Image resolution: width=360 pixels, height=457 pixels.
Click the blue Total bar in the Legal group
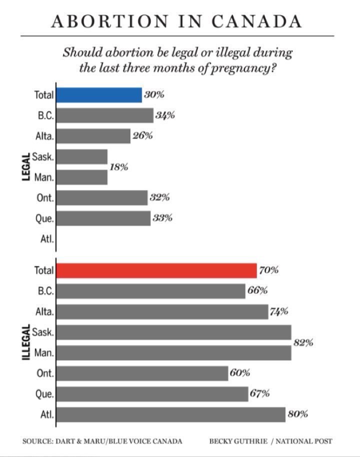tap(99, 95)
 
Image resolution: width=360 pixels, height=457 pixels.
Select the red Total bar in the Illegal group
tap(156, 270)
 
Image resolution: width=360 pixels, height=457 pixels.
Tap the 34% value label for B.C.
tap(164, 115)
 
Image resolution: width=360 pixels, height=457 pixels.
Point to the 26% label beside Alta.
tap(142, 136)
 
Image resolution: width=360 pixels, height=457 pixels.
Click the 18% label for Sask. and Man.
tap(118, 167)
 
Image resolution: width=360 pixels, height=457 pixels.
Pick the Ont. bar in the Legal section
tap(102, 198)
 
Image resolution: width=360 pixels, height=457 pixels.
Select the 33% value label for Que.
tap(162, 218)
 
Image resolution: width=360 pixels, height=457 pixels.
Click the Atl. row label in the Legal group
tap(46, 239)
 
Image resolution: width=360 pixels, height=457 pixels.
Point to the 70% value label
tap(268, 270)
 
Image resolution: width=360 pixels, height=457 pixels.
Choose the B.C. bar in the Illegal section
tap(150, 291)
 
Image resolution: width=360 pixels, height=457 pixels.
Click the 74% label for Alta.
tap(279, 311)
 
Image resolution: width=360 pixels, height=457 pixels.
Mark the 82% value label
tap(303, 342)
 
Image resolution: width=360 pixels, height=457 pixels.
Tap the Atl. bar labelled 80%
tap(170, 414)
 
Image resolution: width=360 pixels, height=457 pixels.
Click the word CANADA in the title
tap(256, 21)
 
